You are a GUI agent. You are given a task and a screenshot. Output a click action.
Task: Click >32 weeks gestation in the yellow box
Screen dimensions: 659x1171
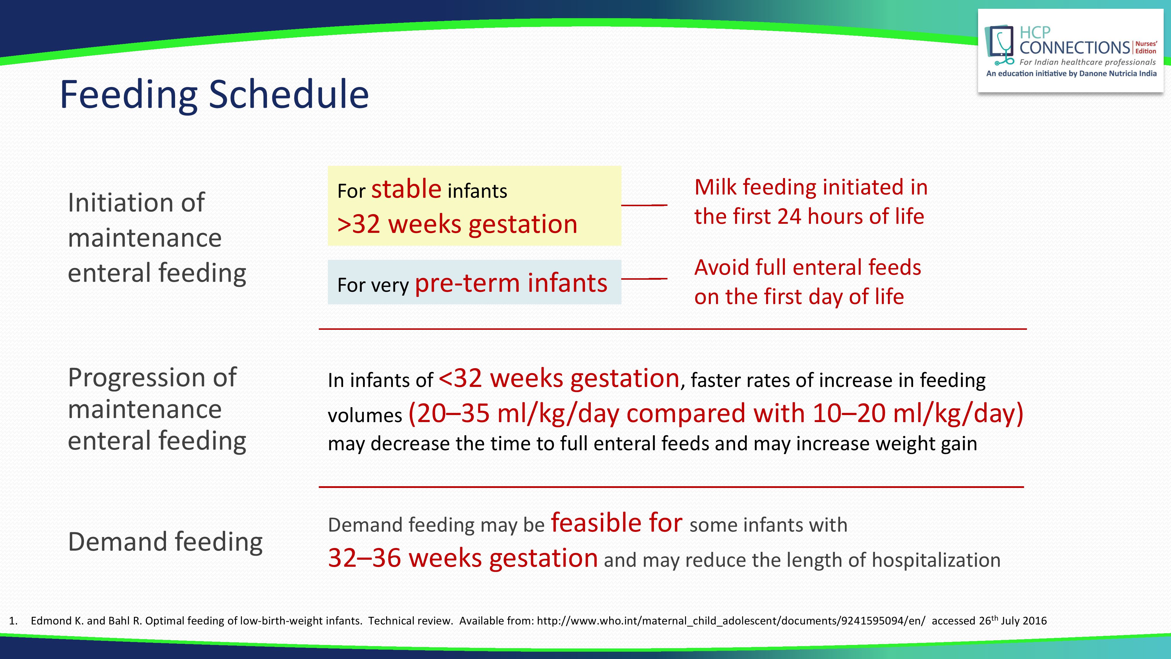[457, 224]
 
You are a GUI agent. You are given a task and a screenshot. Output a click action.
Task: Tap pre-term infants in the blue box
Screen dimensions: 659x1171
[511, 283]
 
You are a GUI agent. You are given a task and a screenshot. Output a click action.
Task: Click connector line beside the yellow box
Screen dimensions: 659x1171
[644, 205]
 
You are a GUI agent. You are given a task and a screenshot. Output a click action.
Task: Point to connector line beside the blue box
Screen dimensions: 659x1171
[644, 278]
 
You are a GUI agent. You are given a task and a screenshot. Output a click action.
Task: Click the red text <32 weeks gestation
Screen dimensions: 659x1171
[559, 378]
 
